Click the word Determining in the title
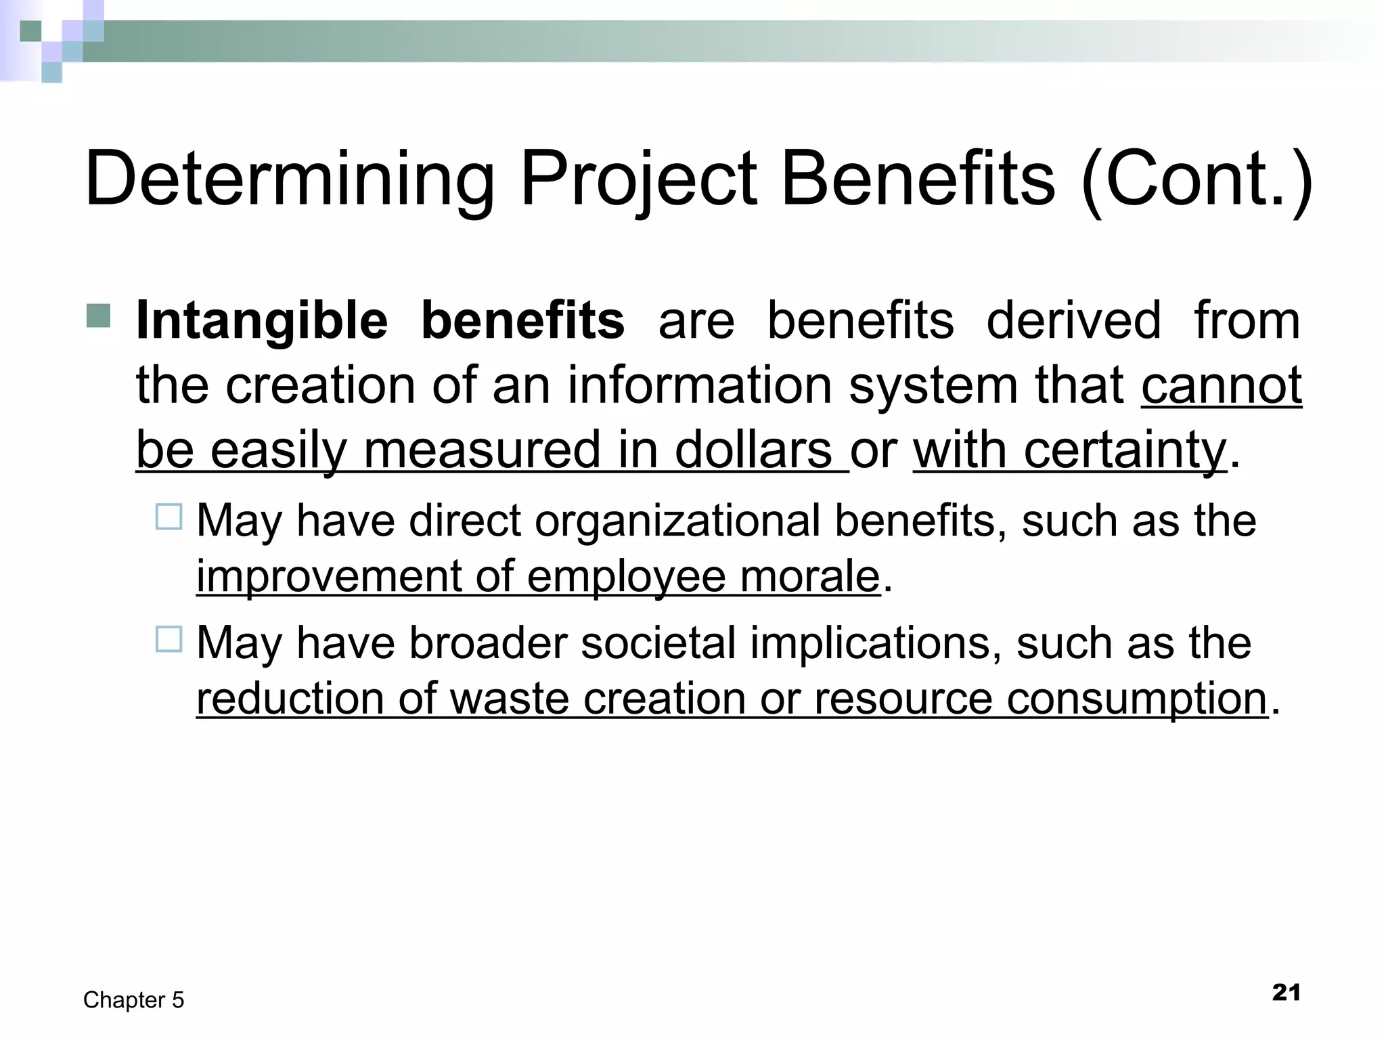point(290,180)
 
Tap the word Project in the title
point(638,180)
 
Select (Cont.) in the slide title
point(1197,180)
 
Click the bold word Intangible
point(262,321)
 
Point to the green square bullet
point(99,316)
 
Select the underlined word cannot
point(1222,385)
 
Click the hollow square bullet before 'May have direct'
point(169,517)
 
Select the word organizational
point(677,521)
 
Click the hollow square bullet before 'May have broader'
point(169,639)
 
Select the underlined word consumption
point(1136,699)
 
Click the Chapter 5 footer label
point(133,1000)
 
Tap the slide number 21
point(1286,993)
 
